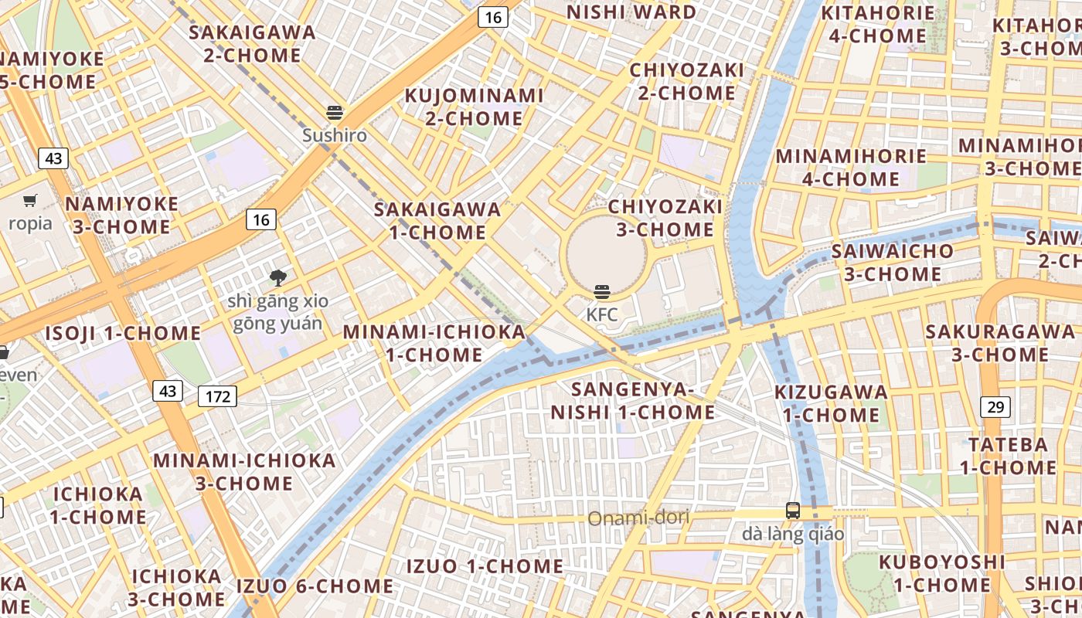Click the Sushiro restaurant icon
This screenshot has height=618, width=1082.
(335, 113)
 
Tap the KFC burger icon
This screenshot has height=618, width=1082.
(602, 292)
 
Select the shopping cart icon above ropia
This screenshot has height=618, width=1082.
(30, 201)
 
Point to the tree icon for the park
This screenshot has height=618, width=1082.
(277, 277)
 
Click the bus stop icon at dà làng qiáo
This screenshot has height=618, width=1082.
(793, 511)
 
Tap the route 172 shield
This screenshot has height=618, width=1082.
(218, 397)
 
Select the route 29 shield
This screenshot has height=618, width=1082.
(996, 406)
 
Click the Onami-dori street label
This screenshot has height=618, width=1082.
(638, 518)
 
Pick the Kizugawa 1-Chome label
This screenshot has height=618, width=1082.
(831, 403)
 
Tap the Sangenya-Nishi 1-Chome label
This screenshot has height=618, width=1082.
(633, 400)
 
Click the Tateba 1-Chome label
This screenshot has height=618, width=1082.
(1008, 456)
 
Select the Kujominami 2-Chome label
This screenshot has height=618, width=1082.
(475, 107)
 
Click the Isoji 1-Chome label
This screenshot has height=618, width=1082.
(123, 334)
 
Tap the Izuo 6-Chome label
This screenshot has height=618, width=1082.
(315, 586)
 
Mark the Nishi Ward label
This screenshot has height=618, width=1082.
(631, 12)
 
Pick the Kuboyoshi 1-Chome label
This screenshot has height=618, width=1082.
(942, 573)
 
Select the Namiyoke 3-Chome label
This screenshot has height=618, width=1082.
(122, 216)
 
